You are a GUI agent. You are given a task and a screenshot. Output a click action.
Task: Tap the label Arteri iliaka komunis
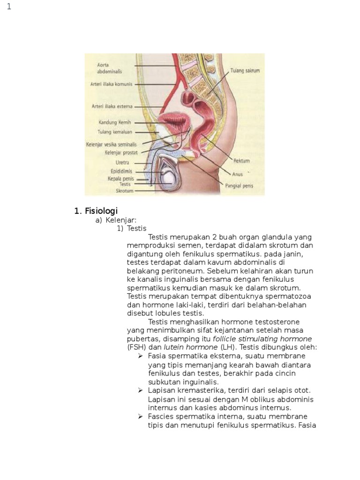[x=111, y=84]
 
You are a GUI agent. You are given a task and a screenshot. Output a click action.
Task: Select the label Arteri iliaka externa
[x=112, y=106]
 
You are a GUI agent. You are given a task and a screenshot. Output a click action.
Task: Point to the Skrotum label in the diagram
[x=125, y=191]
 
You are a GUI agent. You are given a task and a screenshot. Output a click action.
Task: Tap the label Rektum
[x=241, y=160]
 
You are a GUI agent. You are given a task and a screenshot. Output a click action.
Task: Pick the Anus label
[x=237, y=174]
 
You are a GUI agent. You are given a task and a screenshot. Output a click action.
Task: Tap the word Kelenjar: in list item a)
[x=120, y=220]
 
